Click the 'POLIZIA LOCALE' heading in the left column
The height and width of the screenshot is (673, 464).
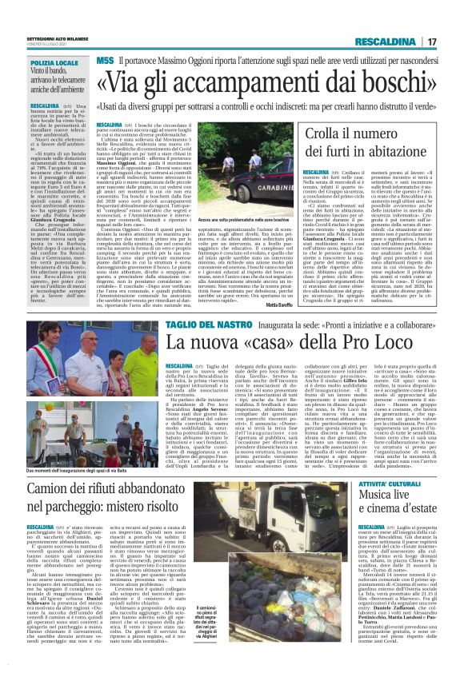click(54, 62)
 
